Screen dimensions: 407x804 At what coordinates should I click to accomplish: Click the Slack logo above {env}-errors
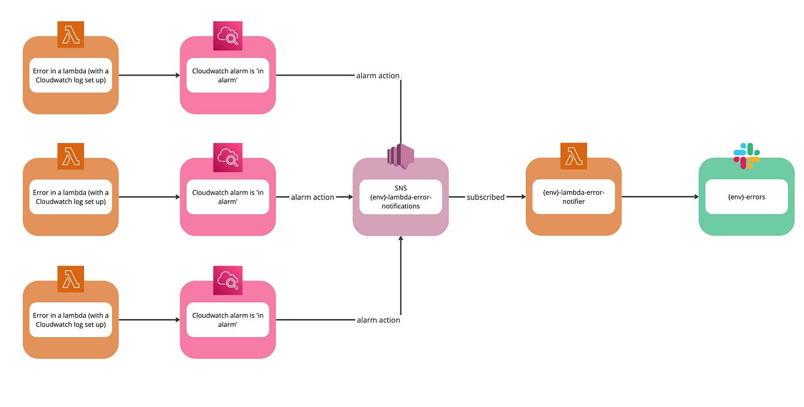(747, 156)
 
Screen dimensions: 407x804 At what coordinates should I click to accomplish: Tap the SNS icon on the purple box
(401, 156)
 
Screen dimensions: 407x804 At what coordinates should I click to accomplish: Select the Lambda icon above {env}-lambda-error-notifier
(574, 156)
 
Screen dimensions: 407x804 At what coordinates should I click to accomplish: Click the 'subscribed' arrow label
(485, 197)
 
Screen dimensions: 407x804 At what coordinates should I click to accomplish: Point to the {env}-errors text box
(747, 197)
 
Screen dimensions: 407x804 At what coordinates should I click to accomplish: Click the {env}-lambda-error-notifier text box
(574, 197)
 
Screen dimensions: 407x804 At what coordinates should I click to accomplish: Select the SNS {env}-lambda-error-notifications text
(401, 197)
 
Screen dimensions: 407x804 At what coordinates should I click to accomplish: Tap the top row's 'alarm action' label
(378, 76)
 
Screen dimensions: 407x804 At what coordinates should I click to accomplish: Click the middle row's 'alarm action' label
(313, 197)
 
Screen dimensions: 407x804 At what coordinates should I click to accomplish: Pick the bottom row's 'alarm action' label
(378, 320)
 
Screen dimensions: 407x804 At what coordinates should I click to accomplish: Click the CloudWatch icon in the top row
(228, 36)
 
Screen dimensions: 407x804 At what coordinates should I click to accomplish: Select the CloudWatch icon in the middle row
(228, 157)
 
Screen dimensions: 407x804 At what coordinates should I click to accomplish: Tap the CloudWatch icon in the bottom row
(228, 279)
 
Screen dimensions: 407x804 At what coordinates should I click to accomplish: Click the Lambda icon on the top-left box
(70, 35)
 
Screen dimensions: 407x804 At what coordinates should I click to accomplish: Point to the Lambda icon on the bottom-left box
(70, 279)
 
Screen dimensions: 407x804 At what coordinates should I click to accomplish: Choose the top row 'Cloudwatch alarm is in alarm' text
(228, 75)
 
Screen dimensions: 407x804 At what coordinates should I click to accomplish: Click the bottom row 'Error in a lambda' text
(70, 320)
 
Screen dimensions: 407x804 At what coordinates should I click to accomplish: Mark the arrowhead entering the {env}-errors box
(696, 197)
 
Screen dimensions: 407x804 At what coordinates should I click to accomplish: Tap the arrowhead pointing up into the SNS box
(401, 238)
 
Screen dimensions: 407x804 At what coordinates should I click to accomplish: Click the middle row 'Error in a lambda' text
(70, 197)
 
